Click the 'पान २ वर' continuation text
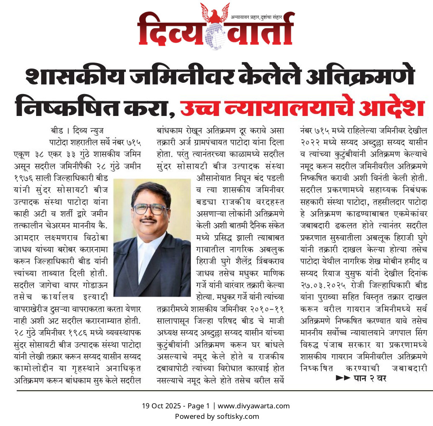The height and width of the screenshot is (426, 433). (x=369, y=378)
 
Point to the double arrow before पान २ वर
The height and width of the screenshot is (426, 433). (x=342, y=378)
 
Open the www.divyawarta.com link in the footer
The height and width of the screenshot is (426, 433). (x=254, y=406)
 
